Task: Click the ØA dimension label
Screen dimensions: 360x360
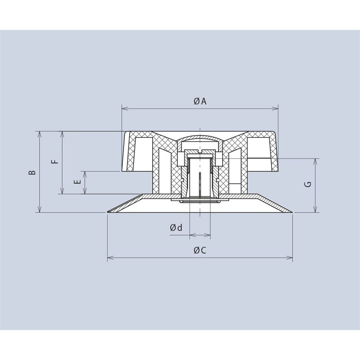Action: point(200,101)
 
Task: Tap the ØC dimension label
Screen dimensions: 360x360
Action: point(200,250)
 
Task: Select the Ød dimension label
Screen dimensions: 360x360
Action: point(176,227)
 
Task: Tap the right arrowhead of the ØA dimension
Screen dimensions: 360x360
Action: point(275,108)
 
